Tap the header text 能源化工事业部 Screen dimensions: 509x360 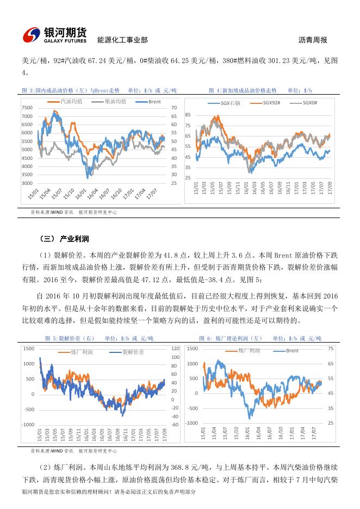[x=122, y=40]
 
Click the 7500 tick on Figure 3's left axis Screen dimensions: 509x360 [x=27, y=108]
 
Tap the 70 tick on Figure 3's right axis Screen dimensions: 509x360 [x=174, y=108]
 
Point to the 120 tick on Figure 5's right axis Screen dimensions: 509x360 [x=175, y=348]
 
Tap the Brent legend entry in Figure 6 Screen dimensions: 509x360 [x=291, y=351]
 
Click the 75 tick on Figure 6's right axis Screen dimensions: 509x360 [x=331, y=349]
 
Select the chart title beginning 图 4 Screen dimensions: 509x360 [x=260, y=90]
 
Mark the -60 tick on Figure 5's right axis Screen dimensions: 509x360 [x=175, y=424]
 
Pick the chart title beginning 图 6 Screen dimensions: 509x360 [x=260, y=338]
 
